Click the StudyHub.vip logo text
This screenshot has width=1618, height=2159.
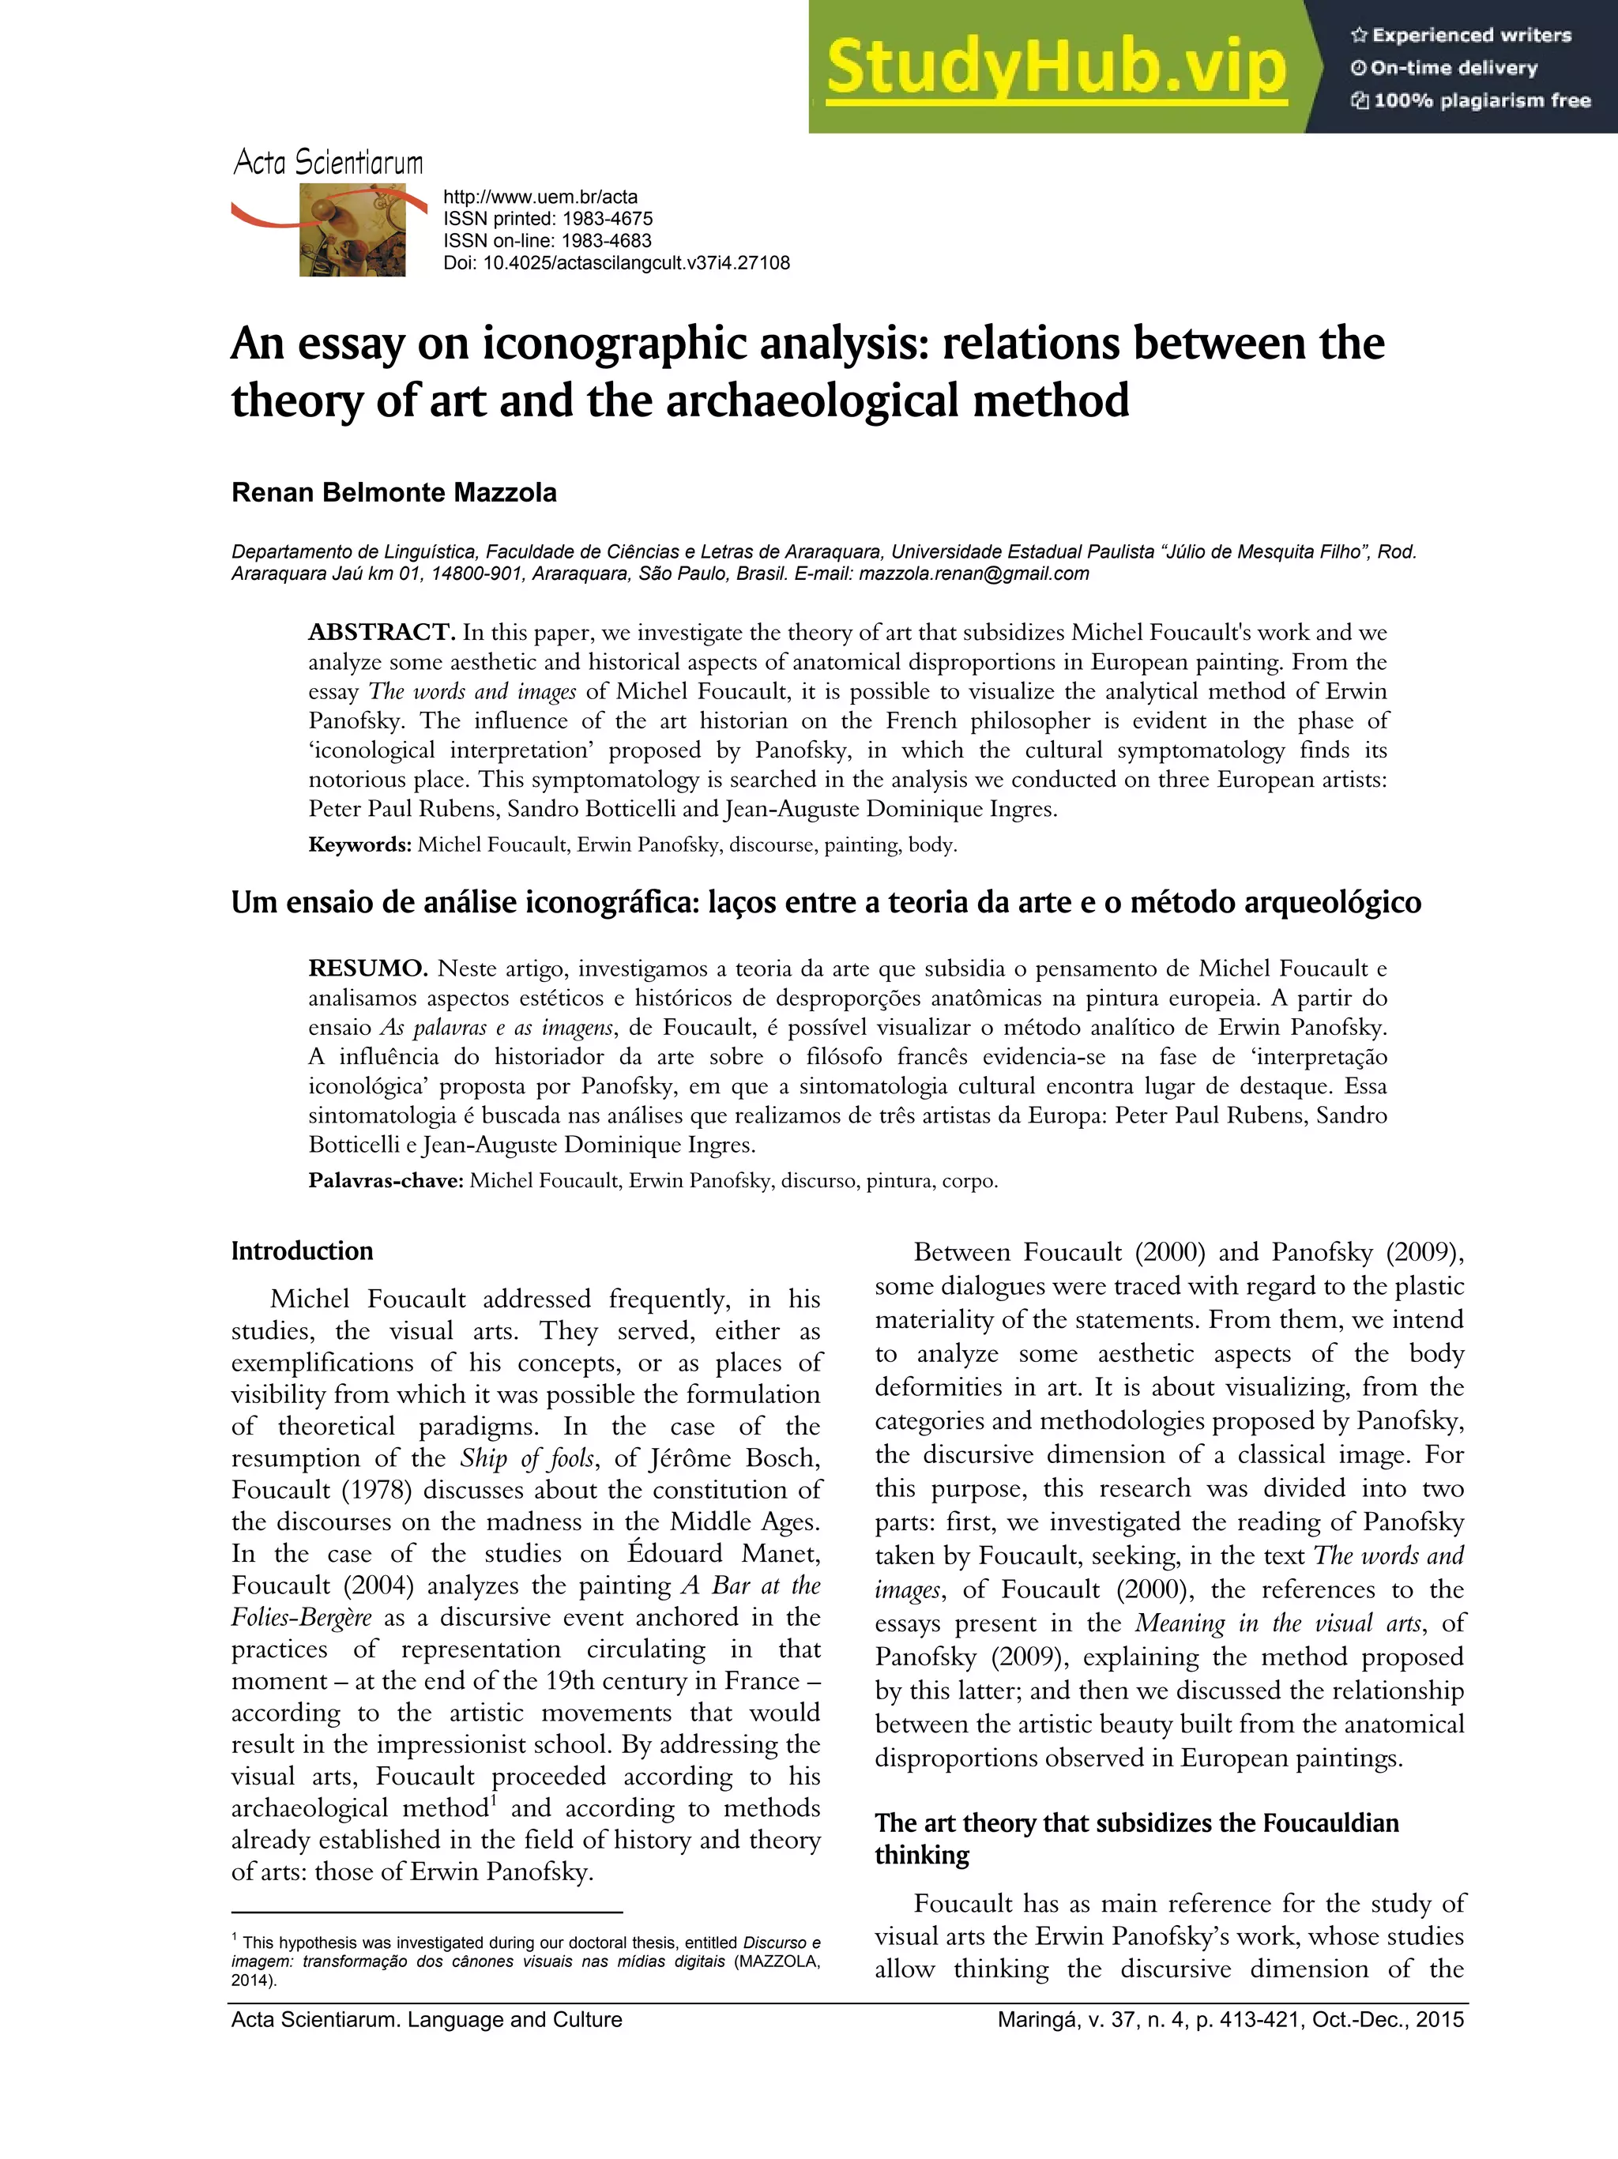[1056, 68]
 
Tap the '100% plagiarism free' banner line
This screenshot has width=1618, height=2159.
[1472, 100]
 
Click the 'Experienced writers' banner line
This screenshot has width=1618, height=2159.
[1462, 35]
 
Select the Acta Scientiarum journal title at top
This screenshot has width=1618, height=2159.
[328, 162]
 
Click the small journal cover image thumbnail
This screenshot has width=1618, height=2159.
[352, 231]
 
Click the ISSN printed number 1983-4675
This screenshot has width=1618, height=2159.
[607, 219]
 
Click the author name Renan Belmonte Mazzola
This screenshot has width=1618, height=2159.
[393, 492]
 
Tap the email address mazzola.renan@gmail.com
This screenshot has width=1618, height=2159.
[974, 574]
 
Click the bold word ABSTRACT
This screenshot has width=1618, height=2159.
[382, 633]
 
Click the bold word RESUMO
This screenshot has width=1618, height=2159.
[368, 969]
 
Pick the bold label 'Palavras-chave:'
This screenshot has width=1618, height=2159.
[386, 1180]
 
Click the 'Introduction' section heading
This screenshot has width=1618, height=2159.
[302, 1251]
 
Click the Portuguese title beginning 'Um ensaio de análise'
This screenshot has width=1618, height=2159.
[825, 902]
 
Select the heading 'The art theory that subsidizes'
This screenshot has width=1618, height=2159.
[1136, 1823]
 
